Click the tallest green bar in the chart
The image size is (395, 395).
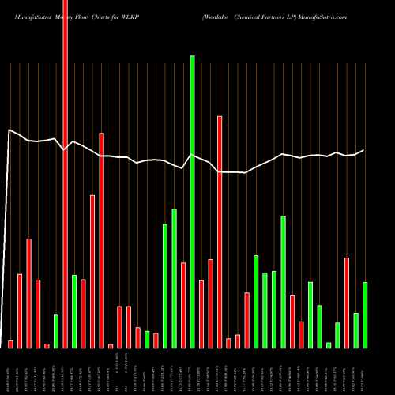click(192, 201)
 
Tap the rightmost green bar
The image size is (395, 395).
click(365, 314)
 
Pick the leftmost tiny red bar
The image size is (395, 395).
click(10, 344)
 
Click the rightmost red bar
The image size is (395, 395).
click(347, 303)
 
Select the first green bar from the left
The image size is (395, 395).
click(56, 331)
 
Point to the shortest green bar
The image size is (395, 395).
click(329, 344)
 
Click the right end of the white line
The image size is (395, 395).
click(364, 150)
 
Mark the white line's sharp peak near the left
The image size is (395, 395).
click(9, 130)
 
